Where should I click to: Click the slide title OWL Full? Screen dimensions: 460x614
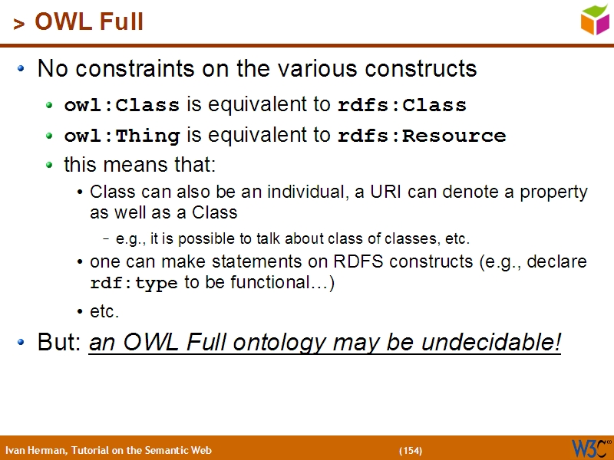[89, 21]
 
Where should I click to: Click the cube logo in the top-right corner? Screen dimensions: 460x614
[595, 19]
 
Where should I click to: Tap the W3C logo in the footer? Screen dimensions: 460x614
[590, 448]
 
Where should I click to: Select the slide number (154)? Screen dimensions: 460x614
[411, 450]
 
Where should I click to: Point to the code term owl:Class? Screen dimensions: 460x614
[121, 105]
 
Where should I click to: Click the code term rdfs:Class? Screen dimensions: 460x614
[402, 105]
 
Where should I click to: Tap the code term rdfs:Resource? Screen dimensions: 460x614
[421, 136]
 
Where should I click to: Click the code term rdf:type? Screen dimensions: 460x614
[134, 283]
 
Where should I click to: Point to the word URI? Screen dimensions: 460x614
[387, 192]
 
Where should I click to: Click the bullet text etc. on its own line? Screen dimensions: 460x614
[104, 312]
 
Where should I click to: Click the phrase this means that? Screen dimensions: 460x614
[140, 165]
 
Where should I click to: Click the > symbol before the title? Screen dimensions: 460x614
[18, 24]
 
